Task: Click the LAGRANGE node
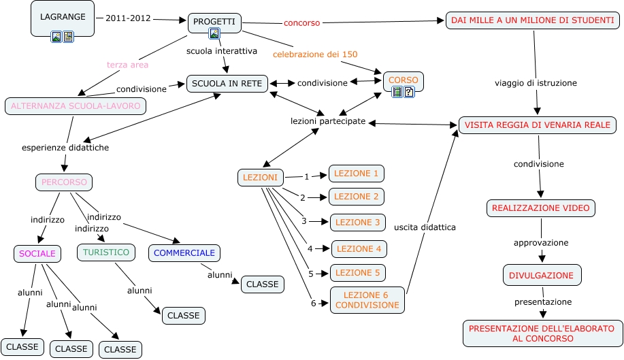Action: (x=63, y=16)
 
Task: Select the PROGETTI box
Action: (x=214, y=22)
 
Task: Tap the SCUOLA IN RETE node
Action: (x=227, y=83)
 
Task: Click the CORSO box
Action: (x=404, y=80)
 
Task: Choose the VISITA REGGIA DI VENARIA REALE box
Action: (x=538, y=125)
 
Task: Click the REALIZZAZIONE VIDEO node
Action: (x=541, y=208)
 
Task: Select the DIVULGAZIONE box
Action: (x=542, y=275)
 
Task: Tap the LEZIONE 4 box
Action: (x=359, y=248)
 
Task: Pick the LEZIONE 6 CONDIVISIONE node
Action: (x=367, y=300)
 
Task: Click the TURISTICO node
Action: (x=105, y=252)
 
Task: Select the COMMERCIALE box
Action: (x=184, y=252)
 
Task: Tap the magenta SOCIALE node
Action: (x=37, y=253)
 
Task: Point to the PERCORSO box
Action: (x=63, y=182)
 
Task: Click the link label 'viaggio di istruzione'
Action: (x=536, y=83)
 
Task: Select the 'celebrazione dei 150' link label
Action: (x=315, y=54)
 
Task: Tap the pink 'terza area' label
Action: (x=127, y=65)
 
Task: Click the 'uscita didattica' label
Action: (x=425, y=227)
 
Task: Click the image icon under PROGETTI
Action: (x=214, y=33)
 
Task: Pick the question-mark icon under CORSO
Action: (x=409, y=92)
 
